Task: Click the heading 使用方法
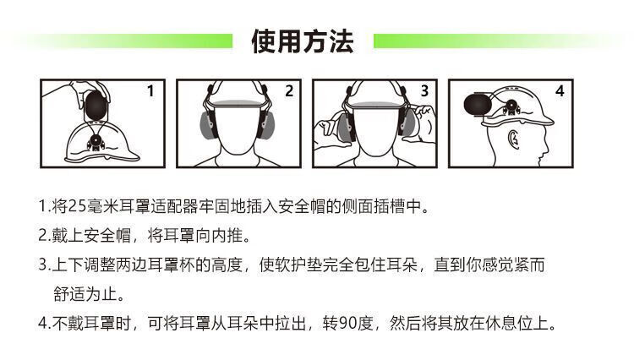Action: tap(303, 41)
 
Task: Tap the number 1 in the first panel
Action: tap(150, 91)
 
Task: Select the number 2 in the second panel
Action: tap(289, 91)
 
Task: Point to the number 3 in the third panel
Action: tap(424, 91)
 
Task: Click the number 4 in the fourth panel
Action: tap(560, 91)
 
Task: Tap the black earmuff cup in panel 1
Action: tap(96, 105)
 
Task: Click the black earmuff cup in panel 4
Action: tap(478, 104)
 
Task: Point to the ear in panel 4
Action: tap(513, 139)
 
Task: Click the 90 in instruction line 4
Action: tap(347, 323)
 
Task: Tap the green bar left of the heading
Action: tap(121, 41)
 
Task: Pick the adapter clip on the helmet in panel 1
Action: tap(96, 141)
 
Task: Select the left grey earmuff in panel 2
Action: tap(209, 124)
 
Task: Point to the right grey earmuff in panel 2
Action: tap(267, 124)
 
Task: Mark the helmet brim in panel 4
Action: tap(518, 121)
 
